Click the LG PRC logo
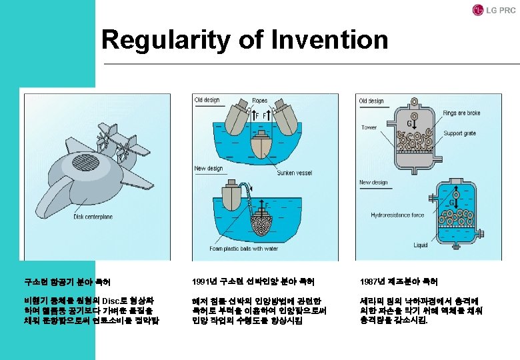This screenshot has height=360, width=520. tap(494, 10)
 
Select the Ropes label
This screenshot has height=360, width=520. tap(260, 101)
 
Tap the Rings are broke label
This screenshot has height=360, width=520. tap(461, 113)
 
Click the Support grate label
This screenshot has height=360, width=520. tap(460, 133)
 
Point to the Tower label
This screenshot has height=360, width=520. tap(369, 127)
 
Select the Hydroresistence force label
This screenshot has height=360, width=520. tap(398, 215)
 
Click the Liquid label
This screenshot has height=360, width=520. tap(421, 245)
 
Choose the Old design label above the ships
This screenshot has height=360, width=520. tap(207, 101)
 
